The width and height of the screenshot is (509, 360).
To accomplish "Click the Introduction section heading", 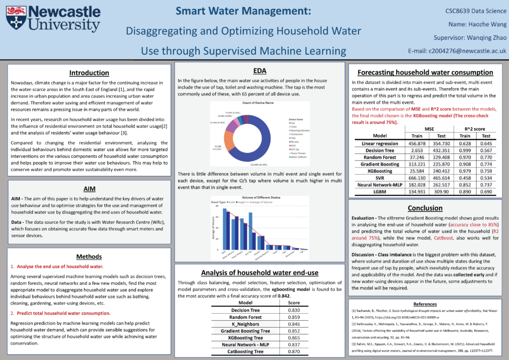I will pos(89,73).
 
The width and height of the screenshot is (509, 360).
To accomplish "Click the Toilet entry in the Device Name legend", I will pos(294,127).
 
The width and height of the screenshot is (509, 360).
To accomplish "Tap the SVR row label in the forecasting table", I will pos(387,178).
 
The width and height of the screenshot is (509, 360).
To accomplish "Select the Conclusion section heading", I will pos(424,208).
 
